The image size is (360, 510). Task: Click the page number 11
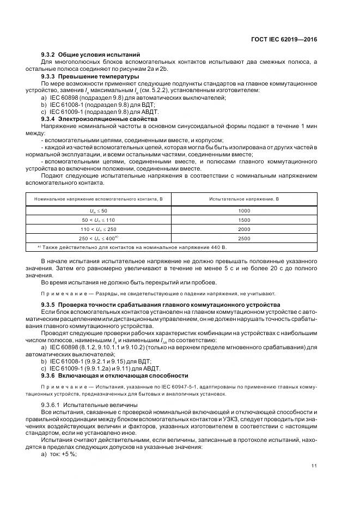(x=314, y=465)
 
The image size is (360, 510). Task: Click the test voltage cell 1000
(x=244, y=210)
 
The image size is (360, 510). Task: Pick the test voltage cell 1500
(x=244, y=220)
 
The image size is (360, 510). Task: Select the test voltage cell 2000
(x=244, y=229)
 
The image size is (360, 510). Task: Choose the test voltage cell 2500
(x=244, y=239)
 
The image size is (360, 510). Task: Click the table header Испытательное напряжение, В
(x=244, y=199)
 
